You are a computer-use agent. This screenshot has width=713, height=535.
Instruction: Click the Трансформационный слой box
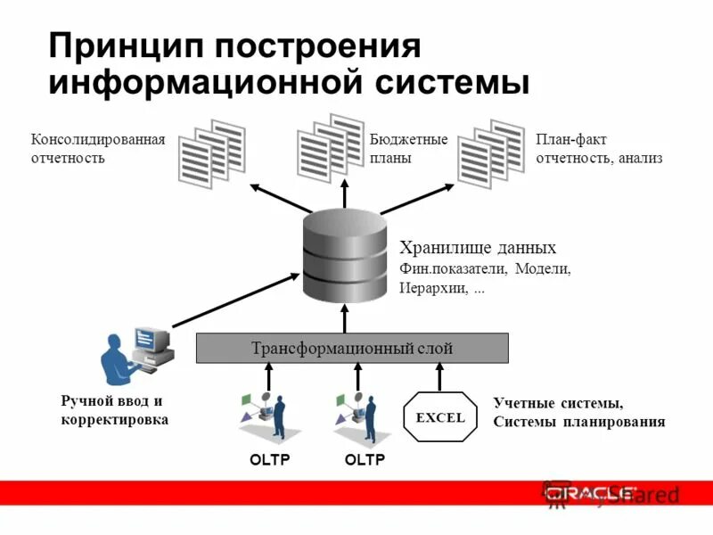pyautogui.click(x=352, y=348)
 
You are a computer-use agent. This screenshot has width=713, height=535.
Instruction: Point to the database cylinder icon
pyautogui.click(x=345, y=254)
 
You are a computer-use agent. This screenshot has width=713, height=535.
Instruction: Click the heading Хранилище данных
pyautogui.click(x=478, y=248)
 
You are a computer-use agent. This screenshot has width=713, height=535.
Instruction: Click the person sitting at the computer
pyautogui.click(x=119, y=361)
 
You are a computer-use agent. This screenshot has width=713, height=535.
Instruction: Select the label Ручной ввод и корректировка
pyautogui.click(x=114, y=410)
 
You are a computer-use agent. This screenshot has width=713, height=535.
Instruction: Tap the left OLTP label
pyautogui.click(x=269, y=460)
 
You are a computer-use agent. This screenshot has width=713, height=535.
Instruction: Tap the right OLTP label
pyautogui.click(x=364, y=460)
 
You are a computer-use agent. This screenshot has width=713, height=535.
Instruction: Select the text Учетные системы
pyautogui.click(x=557, y=403)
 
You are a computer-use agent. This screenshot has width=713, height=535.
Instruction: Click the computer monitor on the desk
pyautogui.click(x=149, y=339)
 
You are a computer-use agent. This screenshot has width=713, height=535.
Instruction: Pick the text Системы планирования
pyautogui.click(x=578, y=422)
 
